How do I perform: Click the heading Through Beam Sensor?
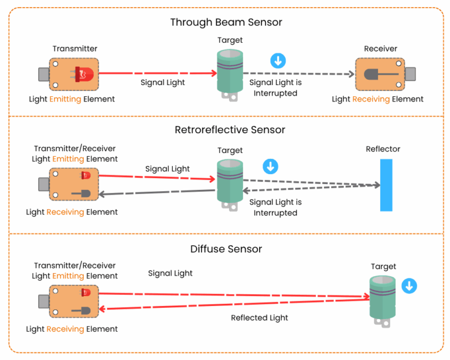(x=226, y=23)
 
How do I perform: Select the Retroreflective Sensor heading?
(x=226, y=130)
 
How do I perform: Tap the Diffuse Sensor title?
(x=226, y=249)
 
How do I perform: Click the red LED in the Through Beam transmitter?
(x=84, y=74)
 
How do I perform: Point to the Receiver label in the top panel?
(x=380, y=49)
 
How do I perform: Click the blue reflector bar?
(x=386, y=184)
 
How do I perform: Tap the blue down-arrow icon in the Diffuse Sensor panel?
(x=409, y=286)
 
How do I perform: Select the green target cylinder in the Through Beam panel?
(x=230, y=74)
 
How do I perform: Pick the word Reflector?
(x=383, y=149)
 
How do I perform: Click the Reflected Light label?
(x=260, y=318)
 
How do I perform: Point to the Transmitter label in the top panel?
(x=75, y=49)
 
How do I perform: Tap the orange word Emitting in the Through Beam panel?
(x=65, y=99)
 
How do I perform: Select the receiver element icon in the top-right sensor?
(x=374, y=74)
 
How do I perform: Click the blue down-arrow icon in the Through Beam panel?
(x=278, y=60)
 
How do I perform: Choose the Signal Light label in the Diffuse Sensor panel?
(x=170, y=273)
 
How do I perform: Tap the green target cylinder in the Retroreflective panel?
(x=230, y=183)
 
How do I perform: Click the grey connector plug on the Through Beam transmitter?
(x=44, y=74)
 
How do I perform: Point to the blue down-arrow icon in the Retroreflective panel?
(x=270, y=167)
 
